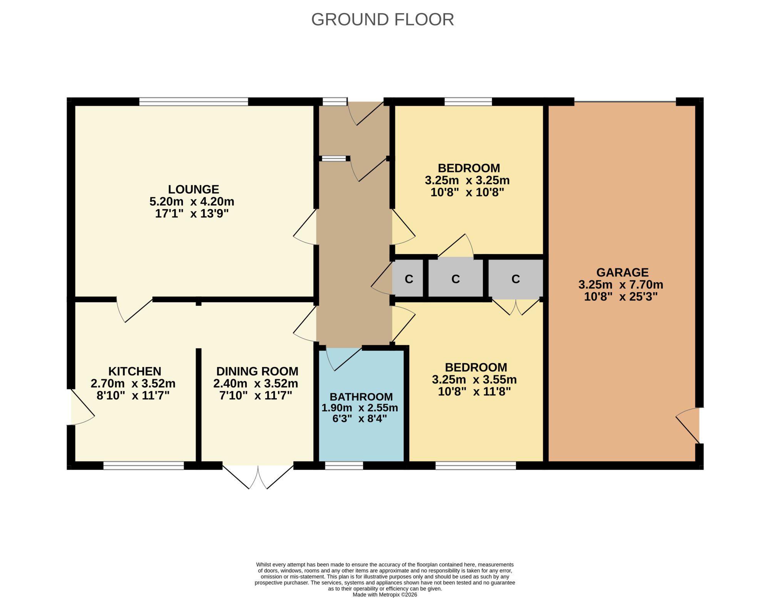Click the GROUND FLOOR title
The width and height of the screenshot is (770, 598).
point(382,19)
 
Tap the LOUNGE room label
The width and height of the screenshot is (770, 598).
point(193,189)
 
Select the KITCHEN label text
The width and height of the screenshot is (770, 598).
point(135,371)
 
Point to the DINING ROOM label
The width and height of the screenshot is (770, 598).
point(257,371)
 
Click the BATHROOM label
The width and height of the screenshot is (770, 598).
point(361,397)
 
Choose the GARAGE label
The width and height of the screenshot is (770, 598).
point(622,272)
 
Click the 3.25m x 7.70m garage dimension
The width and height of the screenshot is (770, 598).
point(621,285)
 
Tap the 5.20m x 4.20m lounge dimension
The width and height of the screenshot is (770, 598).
point(192,201)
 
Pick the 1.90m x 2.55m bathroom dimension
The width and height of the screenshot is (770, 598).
point(360,407)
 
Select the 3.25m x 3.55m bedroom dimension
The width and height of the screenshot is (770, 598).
point(474,379)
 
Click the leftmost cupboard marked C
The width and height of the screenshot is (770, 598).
point(408,279)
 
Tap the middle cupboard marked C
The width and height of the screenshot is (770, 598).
point(455,279)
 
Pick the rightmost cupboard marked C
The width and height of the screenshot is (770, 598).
point(516,279)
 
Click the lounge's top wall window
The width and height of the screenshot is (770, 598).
point(194,102)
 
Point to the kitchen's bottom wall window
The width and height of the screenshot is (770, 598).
point(144,466)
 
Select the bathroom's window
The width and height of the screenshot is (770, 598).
point(344,466)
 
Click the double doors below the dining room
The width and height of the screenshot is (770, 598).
point(258,477)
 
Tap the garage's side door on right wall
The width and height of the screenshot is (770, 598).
point(688,425)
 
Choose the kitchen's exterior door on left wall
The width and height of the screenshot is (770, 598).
point(82,407)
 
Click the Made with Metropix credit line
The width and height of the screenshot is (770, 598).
point(385,595)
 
